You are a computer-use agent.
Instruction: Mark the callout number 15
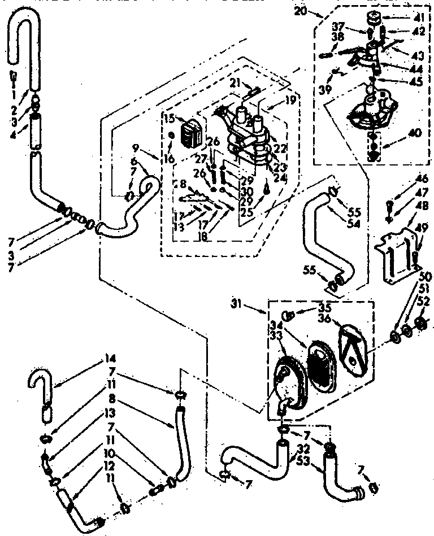point(168,119)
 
